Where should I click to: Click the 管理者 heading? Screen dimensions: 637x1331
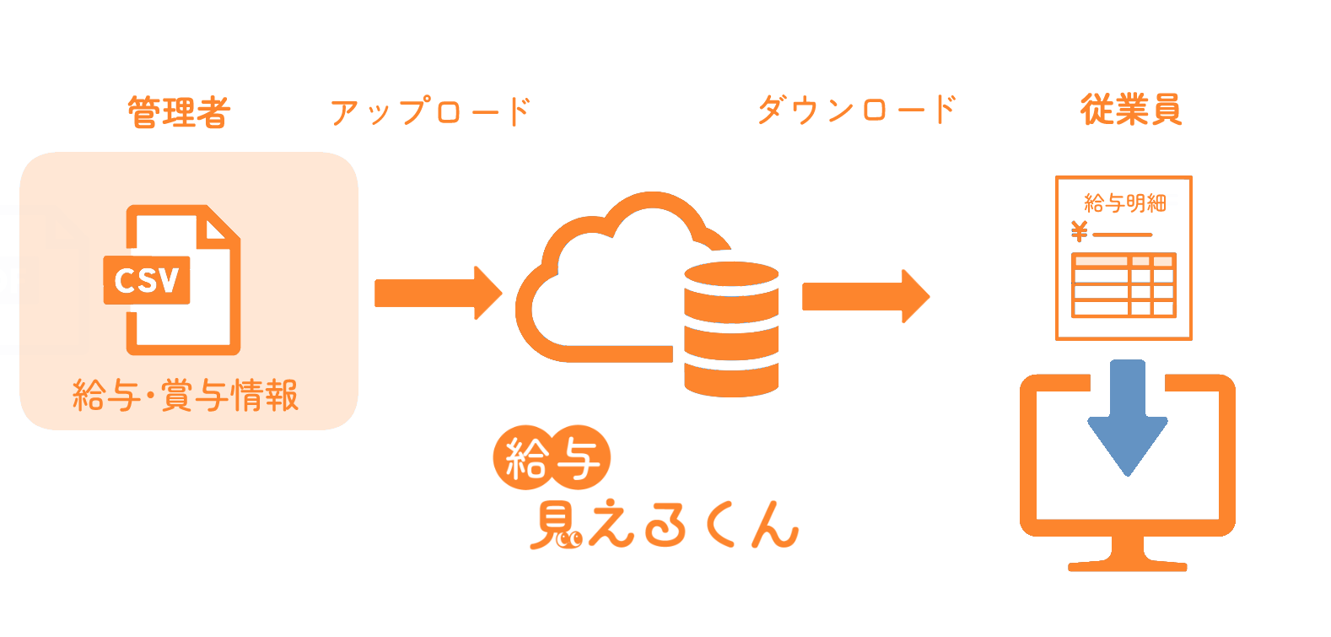click(179, 112)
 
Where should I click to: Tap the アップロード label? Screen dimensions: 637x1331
click(430, 111)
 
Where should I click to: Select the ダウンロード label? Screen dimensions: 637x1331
click(857, 110)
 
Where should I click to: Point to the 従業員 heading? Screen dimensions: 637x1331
click(1131, 110)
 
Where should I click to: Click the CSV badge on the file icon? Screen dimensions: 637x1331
click(147, 279)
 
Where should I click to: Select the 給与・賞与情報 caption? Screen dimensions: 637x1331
click(186, 395)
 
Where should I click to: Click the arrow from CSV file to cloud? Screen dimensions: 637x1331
click(438, 293)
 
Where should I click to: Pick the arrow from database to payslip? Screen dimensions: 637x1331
click(865, 296)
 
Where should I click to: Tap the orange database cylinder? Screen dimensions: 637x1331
click(730, 329)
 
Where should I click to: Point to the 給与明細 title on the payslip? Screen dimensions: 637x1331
click(1124, 202)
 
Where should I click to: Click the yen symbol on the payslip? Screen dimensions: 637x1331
click(1080, 230)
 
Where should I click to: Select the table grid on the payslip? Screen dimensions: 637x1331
click(1124, 285)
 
